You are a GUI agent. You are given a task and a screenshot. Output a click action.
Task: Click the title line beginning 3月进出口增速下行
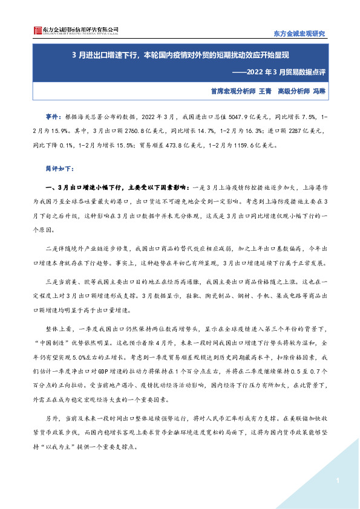coord(180,55)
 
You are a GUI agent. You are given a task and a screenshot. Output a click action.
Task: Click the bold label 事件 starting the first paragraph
coord(53,114)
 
